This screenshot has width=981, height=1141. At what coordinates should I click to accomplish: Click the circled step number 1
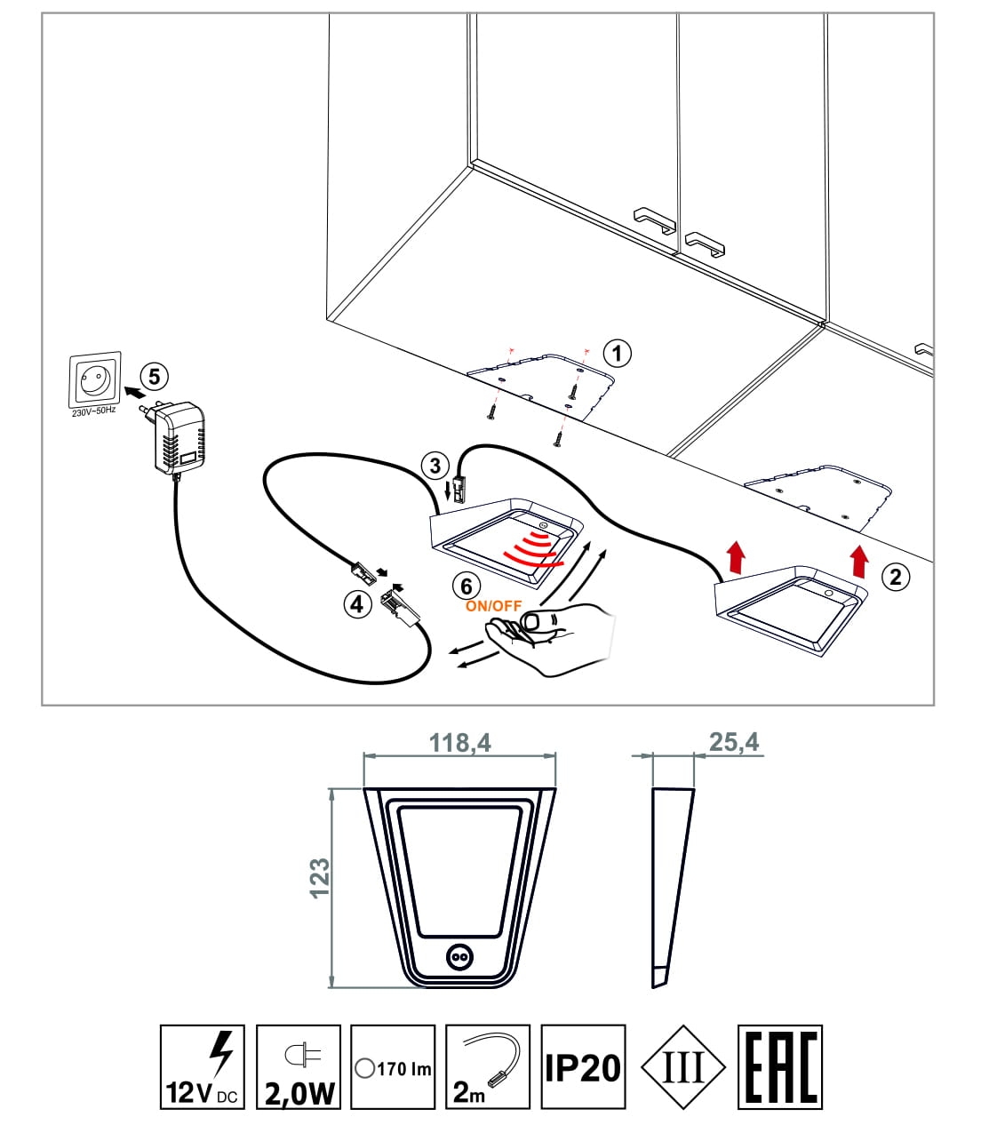pos(617,354)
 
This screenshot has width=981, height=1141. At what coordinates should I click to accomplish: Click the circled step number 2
pos(895,577)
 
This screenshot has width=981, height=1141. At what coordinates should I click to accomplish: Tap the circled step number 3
pos(435,466)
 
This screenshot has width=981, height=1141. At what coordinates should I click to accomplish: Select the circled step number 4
pos(357,604)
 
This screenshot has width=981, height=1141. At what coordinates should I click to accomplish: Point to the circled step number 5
pos(155,377)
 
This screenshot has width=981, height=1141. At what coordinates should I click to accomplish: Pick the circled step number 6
pos(467,586)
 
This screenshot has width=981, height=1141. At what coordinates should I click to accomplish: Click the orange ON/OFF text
pos(493,606)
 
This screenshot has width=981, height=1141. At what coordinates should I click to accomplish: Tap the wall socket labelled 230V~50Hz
pos(93,381)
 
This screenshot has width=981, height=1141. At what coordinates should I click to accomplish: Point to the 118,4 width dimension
pos(460,743)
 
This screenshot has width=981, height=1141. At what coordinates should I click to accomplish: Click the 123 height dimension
pos(320,878)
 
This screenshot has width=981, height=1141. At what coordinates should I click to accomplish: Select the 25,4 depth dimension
pos(734,742)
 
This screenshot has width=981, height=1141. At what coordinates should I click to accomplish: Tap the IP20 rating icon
pos(583,1066)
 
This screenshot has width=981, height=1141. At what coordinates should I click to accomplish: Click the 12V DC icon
pos(202,1066)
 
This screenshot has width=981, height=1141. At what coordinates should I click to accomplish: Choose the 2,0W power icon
pos(298,1066)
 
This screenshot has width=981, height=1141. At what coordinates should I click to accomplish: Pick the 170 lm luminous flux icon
pos(393,1066)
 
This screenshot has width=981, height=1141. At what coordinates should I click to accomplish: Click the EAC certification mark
pos(779,1066)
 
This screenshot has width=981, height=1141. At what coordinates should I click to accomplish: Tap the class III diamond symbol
pos(683,1066)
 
